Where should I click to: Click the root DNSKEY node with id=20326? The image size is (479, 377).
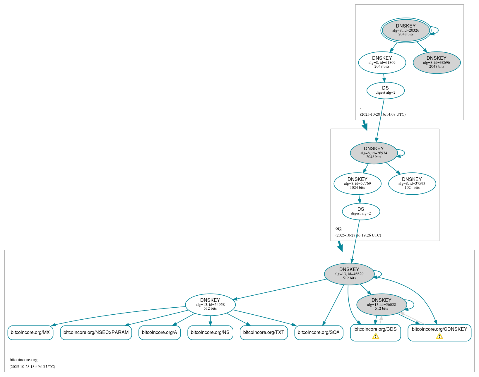tap(406, 30)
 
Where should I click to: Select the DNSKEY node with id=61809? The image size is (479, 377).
tap(382, 62)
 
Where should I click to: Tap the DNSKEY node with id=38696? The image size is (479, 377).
tap(436, 62)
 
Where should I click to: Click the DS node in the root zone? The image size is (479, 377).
tap(385, 90)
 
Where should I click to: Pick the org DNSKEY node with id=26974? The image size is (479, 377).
tap(374, 153)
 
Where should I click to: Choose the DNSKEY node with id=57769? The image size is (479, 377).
tap(357, 184)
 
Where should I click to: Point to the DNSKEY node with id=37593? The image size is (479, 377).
tap(412, 184)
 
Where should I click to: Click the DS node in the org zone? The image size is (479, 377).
tap(361, 211)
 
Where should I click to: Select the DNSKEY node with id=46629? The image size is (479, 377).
tap(349, 274)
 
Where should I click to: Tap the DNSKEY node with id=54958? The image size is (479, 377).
tap(210, 305)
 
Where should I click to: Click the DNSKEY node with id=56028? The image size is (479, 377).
tap(381, 305)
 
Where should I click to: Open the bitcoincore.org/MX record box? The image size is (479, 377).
tap(30, 333)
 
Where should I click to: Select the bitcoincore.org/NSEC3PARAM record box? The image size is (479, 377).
tap(96, 333)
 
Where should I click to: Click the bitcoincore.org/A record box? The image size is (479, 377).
tap(159, 333)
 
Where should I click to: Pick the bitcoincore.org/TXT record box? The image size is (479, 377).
tap(264, 333)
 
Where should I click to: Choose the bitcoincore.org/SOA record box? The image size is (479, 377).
tap(319, 333)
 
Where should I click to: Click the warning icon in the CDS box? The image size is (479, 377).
tap(375, 336)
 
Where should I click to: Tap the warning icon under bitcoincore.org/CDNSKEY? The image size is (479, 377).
tap(439, 336)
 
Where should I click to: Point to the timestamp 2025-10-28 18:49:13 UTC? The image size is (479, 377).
tap(32, 367)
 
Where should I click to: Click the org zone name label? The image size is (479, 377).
tap(338, 228)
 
